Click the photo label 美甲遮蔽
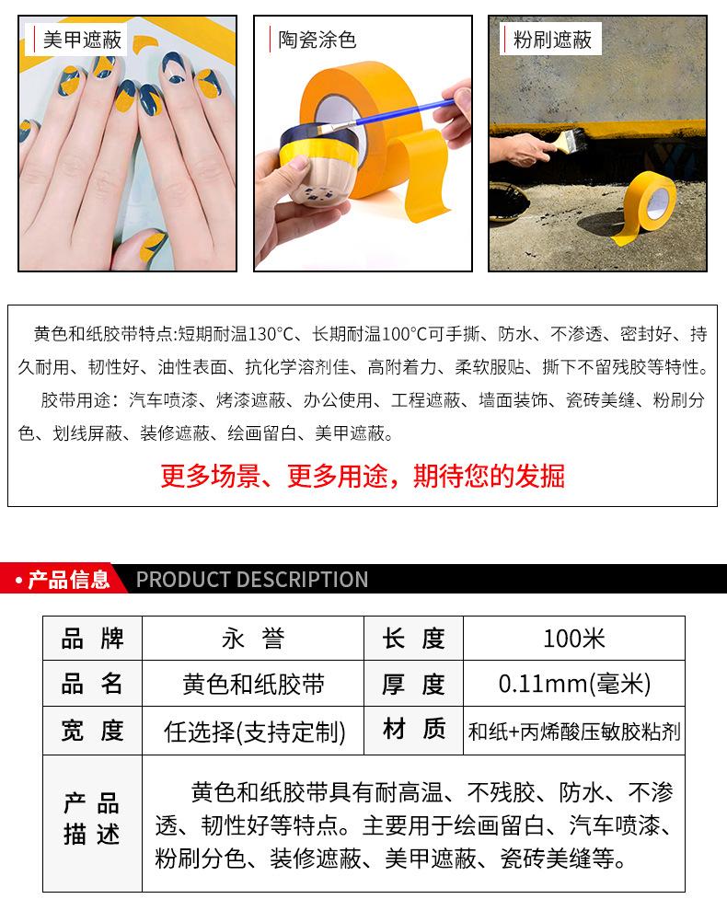[x=75, y=39]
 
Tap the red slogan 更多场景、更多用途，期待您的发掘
[x=363, y=476]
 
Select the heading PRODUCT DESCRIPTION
[x=252, y=580]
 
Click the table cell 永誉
[x=253, y=639]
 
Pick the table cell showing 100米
[x=573, y=639]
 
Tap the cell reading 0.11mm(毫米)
[x=573, y=685]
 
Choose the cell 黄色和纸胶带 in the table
[x=253, y=685]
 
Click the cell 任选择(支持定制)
[x=253, y=732]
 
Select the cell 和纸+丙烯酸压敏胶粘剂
[x=573, y=732]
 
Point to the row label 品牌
[x=92, y=639]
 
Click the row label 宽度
[x=92, y=732]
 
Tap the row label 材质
[x=414, y=731]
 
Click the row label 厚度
[x=414, y=685]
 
